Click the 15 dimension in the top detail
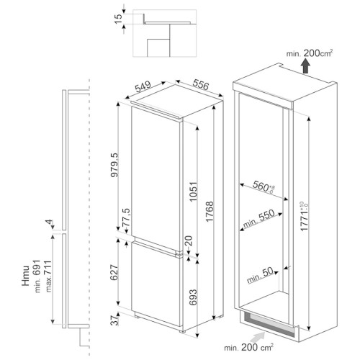click(119, 19)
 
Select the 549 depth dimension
click(143, 86)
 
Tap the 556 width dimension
click(201, 85)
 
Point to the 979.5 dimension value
click(114, 165)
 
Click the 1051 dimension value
click(193, 192)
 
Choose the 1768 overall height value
click(210, 212)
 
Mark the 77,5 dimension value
click(126, 217)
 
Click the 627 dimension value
click(114, 272)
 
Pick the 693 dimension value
click(193, 297)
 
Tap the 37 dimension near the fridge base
click(115, 320)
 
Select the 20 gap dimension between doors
click(189, 240)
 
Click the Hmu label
click(26, 276)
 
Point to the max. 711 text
click(48, 276)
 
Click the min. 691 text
click(37, 276)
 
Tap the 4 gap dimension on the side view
click(49, 222)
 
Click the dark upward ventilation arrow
click(305, 66)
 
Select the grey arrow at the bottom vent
click(257, 338)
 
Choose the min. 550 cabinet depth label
click(258, 219)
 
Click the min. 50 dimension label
click(260, 275)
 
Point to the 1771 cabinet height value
click(304, 217)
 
